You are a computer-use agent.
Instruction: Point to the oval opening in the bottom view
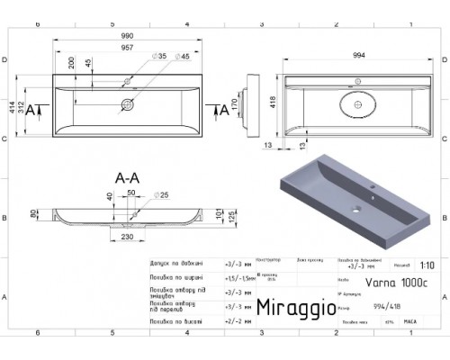coord(358,103)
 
